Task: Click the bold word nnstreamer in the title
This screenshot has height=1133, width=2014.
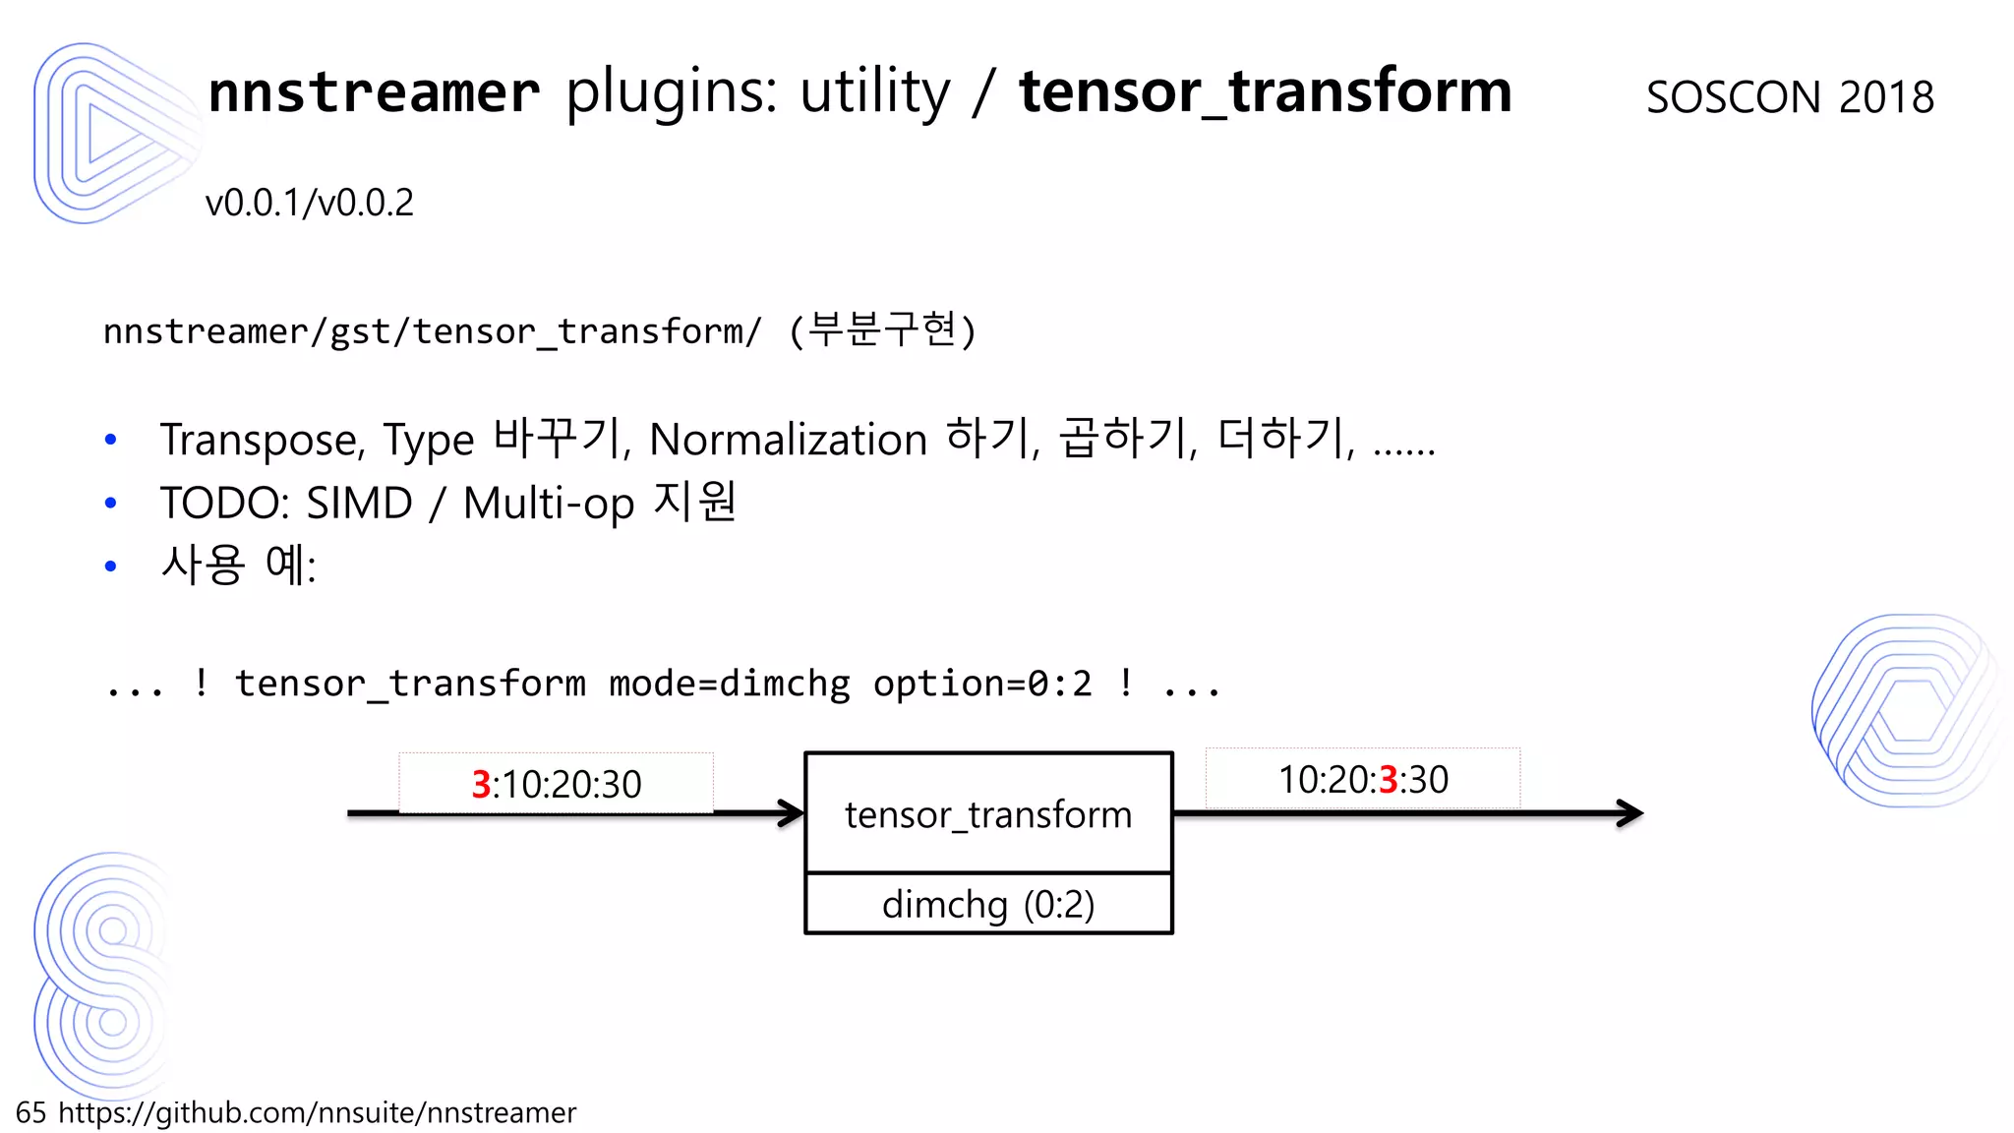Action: pos(374,92)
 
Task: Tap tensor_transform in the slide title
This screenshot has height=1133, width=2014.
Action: pos(1265,92)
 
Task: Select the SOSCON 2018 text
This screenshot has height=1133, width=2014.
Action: pos(1790,97)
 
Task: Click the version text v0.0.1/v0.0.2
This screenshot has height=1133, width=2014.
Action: pos(309,203)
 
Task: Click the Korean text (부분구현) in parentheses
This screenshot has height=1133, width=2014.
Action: pos(882,330)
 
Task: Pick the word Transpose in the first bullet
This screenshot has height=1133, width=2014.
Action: pos(262,440)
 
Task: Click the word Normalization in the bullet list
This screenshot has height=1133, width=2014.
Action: pos(788,440)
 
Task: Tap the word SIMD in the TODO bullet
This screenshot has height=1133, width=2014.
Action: pos(359,504)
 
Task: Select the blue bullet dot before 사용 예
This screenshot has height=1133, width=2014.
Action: pos(111,566)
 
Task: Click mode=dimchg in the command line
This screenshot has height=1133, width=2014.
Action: pos(729,684)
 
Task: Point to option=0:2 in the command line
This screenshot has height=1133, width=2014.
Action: pos(982,684)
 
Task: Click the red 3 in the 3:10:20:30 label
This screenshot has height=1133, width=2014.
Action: pos(481,785)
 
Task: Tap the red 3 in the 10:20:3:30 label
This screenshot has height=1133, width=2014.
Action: pos(1388,780)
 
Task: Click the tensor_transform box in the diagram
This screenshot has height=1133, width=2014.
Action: pos(988,813)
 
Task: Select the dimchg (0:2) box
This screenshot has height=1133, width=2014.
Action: pos(988,904)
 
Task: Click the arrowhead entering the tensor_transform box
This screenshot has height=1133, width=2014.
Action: pos(792,813)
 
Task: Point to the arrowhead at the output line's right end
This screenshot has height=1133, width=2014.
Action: pos(1629,813)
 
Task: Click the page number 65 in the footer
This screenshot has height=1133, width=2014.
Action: pos(30,1112)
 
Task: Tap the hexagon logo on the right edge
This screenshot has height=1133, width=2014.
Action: pos(1908,710)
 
